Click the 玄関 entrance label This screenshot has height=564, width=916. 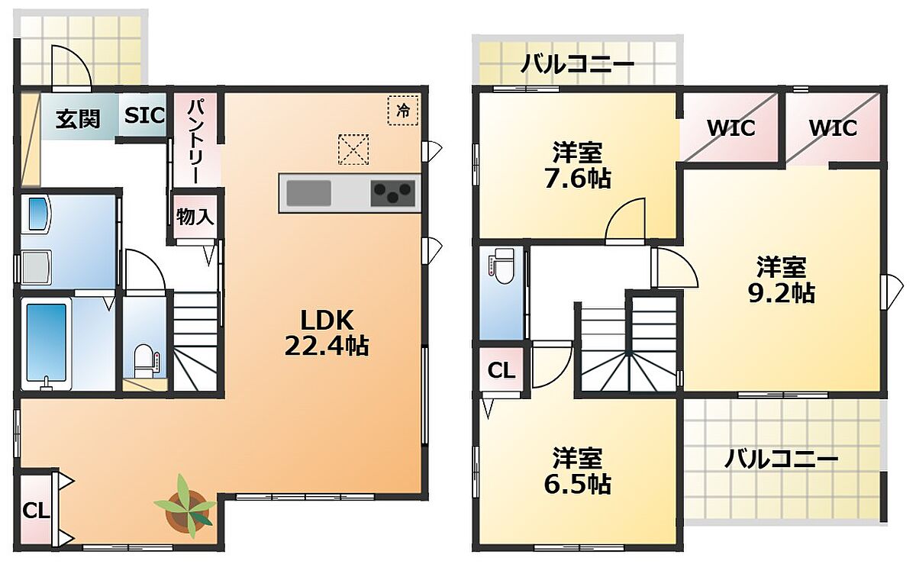tap(78, 119)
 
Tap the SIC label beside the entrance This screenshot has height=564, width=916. tap(144, 116)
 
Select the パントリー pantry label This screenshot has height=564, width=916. tap(196, 141)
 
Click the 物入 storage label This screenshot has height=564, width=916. tap(195, 217)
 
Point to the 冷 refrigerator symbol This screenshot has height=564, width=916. tap(403, 110)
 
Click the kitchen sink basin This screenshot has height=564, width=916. tap(308, 193)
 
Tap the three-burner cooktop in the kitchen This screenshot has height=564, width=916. tap(392, 193)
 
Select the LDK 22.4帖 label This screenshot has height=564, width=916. tap(327, 334)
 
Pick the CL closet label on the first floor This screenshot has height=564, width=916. tap(36, 511)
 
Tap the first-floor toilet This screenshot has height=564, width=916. tap(144, 360)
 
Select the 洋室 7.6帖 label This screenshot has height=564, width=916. tap(577, 166)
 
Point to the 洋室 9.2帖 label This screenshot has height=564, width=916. tap(782, 280)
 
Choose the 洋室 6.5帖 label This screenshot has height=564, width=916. tap(577, 471)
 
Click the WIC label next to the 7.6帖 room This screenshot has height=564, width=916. tap(731, 128)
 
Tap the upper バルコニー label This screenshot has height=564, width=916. tap(577, 65)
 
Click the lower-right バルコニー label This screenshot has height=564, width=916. tap(782, 459)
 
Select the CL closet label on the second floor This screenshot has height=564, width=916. tap(502, 371)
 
